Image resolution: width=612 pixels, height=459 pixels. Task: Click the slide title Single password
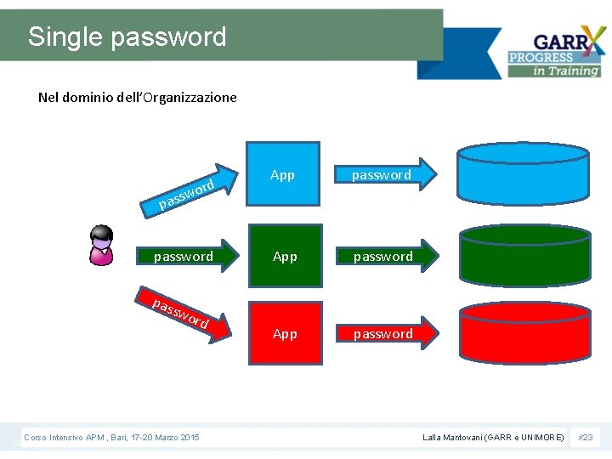coord(127,37)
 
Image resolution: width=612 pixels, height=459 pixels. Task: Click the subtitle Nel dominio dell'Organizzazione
coord(138,97)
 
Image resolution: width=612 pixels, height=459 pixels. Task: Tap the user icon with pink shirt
coord(102,246)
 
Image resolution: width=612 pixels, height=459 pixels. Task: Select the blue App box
coord(283,176)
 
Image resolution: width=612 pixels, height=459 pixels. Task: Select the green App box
coord(285,256)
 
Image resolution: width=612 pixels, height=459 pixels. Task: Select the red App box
coord(285,334)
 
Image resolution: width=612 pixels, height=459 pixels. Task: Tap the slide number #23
coord(586,437)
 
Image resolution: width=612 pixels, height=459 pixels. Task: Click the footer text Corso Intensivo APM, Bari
coord(111,437)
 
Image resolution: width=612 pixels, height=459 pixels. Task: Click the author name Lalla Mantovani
coord(493,437)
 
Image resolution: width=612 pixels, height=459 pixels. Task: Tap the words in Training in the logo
coord(566,71)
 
